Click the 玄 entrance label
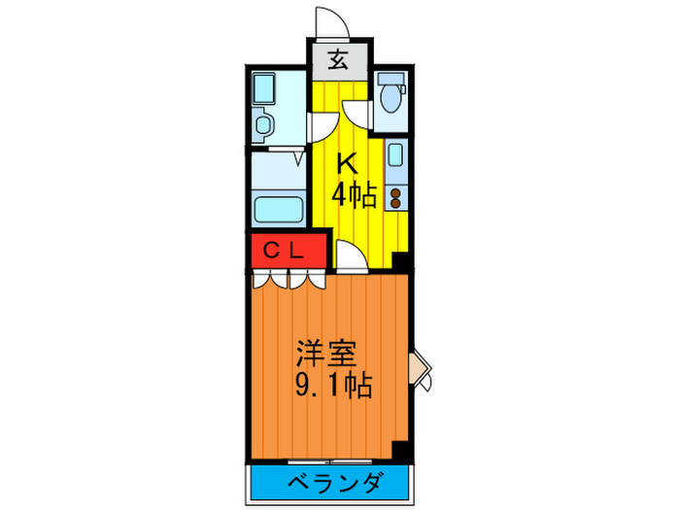click(x=338, y=61)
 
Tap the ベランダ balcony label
click(x=334, y=481)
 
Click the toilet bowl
click(x=392, y=95)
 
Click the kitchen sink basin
click(x=395, y=155)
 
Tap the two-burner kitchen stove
click(x=396, y=197)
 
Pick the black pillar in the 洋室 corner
click(x=398, y=451)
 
